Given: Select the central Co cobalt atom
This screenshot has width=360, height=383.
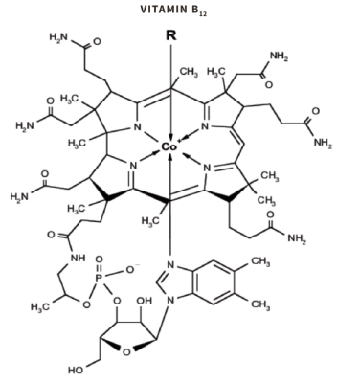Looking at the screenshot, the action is pos(169,146).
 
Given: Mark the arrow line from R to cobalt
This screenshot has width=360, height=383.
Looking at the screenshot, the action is pos(169,91).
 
